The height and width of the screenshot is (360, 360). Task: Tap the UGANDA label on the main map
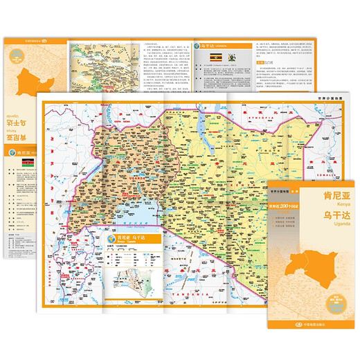pyautogui.click(x=147, y=163)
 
